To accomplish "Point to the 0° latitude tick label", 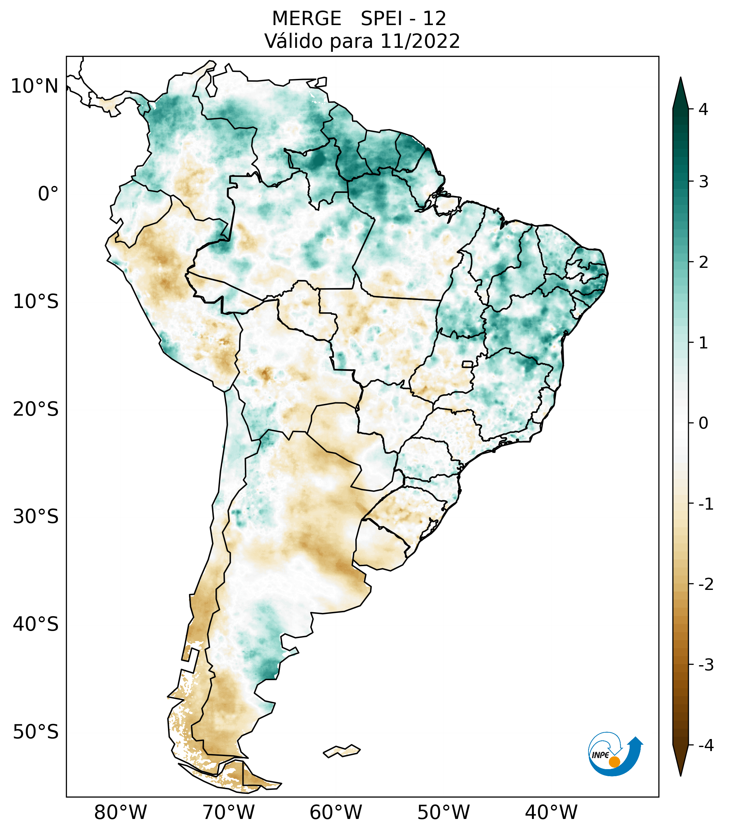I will (48, 194).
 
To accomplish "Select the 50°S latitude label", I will (36, 732).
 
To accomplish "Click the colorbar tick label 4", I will (703, 109).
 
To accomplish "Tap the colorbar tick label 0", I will (703, 423).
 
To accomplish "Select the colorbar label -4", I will (706, 745).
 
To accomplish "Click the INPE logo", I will (615, 753).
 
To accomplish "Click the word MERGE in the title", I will (306, 19).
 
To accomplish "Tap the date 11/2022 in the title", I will (420, 41).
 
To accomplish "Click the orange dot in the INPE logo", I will (614, 762).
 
